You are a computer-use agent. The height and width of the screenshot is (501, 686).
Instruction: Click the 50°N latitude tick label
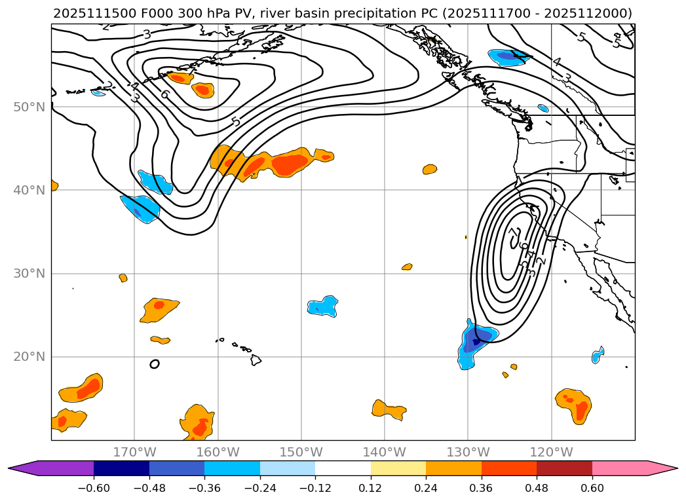[29, 107]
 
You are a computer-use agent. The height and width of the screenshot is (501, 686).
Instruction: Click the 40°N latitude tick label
[29, 190]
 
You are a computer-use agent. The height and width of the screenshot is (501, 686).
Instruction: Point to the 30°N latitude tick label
[29, 274]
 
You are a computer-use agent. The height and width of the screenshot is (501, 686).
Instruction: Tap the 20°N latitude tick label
[29, 357]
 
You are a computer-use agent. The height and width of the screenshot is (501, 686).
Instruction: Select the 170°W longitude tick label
[134, 453]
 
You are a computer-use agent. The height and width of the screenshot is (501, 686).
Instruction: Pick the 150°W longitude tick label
[301, 453]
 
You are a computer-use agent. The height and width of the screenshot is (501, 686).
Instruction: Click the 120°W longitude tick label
[551, 453]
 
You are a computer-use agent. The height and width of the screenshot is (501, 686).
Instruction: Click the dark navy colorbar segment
[121, 468]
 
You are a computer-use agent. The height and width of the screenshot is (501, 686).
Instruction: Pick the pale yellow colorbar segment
[398, 468]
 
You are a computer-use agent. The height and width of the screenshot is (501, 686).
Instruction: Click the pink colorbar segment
[620, 468]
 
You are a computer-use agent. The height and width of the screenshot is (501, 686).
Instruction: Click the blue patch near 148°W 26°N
[323, 306]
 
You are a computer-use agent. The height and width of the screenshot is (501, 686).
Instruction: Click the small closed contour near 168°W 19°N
[155, 364]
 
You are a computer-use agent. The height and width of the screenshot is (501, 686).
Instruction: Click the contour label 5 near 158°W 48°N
[236, 121]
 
